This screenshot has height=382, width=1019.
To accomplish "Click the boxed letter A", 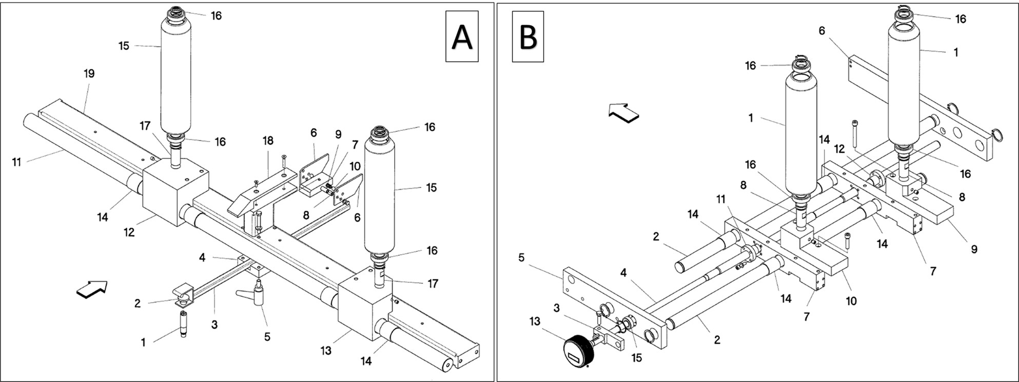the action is [462, 36].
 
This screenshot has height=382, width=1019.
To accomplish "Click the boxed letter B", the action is [528, 36].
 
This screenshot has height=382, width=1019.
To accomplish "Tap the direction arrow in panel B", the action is [623, 112].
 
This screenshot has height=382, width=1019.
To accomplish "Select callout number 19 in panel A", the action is [89, 74].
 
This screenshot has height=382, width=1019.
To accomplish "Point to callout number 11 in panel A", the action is [17, 163].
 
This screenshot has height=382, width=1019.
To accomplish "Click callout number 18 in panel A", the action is [268, 140].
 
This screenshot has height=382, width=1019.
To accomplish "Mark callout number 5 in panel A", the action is [267, 337].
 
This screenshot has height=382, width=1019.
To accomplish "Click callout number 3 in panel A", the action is [214, 325].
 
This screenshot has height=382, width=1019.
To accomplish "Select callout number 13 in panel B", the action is [535, 321].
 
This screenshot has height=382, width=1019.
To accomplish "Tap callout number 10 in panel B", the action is [851, 301].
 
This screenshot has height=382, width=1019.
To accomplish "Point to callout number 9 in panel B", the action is [974, 249].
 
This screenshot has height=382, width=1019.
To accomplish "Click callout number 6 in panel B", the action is [822, 31].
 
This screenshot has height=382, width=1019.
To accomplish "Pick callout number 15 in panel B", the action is [636, 358].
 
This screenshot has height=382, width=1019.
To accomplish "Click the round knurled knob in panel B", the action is [578, 351].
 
